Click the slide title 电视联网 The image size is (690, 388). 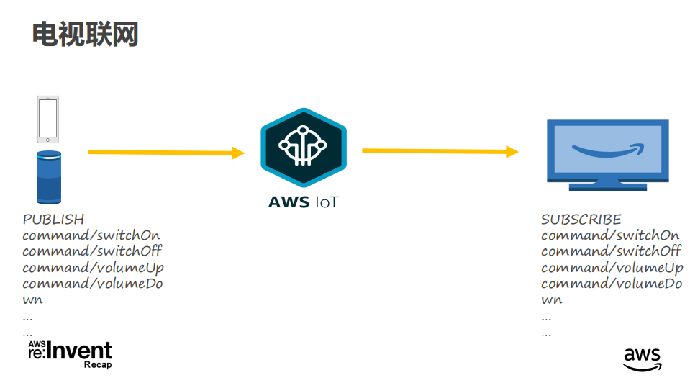coord(85,34)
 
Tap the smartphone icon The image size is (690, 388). coord(48,119)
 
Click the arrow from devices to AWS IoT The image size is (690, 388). coord(166,153)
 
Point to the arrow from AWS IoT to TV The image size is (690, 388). coord(440,151)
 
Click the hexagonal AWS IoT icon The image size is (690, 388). coord(303,148)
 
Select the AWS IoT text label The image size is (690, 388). coord(303,202)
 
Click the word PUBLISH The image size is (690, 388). coord(53,220)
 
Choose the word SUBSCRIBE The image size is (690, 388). coord(581,220)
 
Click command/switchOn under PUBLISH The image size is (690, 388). coord(91,235)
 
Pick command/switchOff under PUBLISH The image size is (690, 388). coord(92,251)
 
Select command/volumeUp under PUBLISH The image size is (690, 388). coord(93,268)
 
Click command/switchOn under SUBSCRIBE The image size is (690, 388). coord(610,235)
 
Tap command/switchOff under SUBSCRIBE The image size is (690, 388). coord(611,251)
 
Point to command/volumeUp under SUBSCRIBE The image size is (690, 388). coord(612,268)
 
